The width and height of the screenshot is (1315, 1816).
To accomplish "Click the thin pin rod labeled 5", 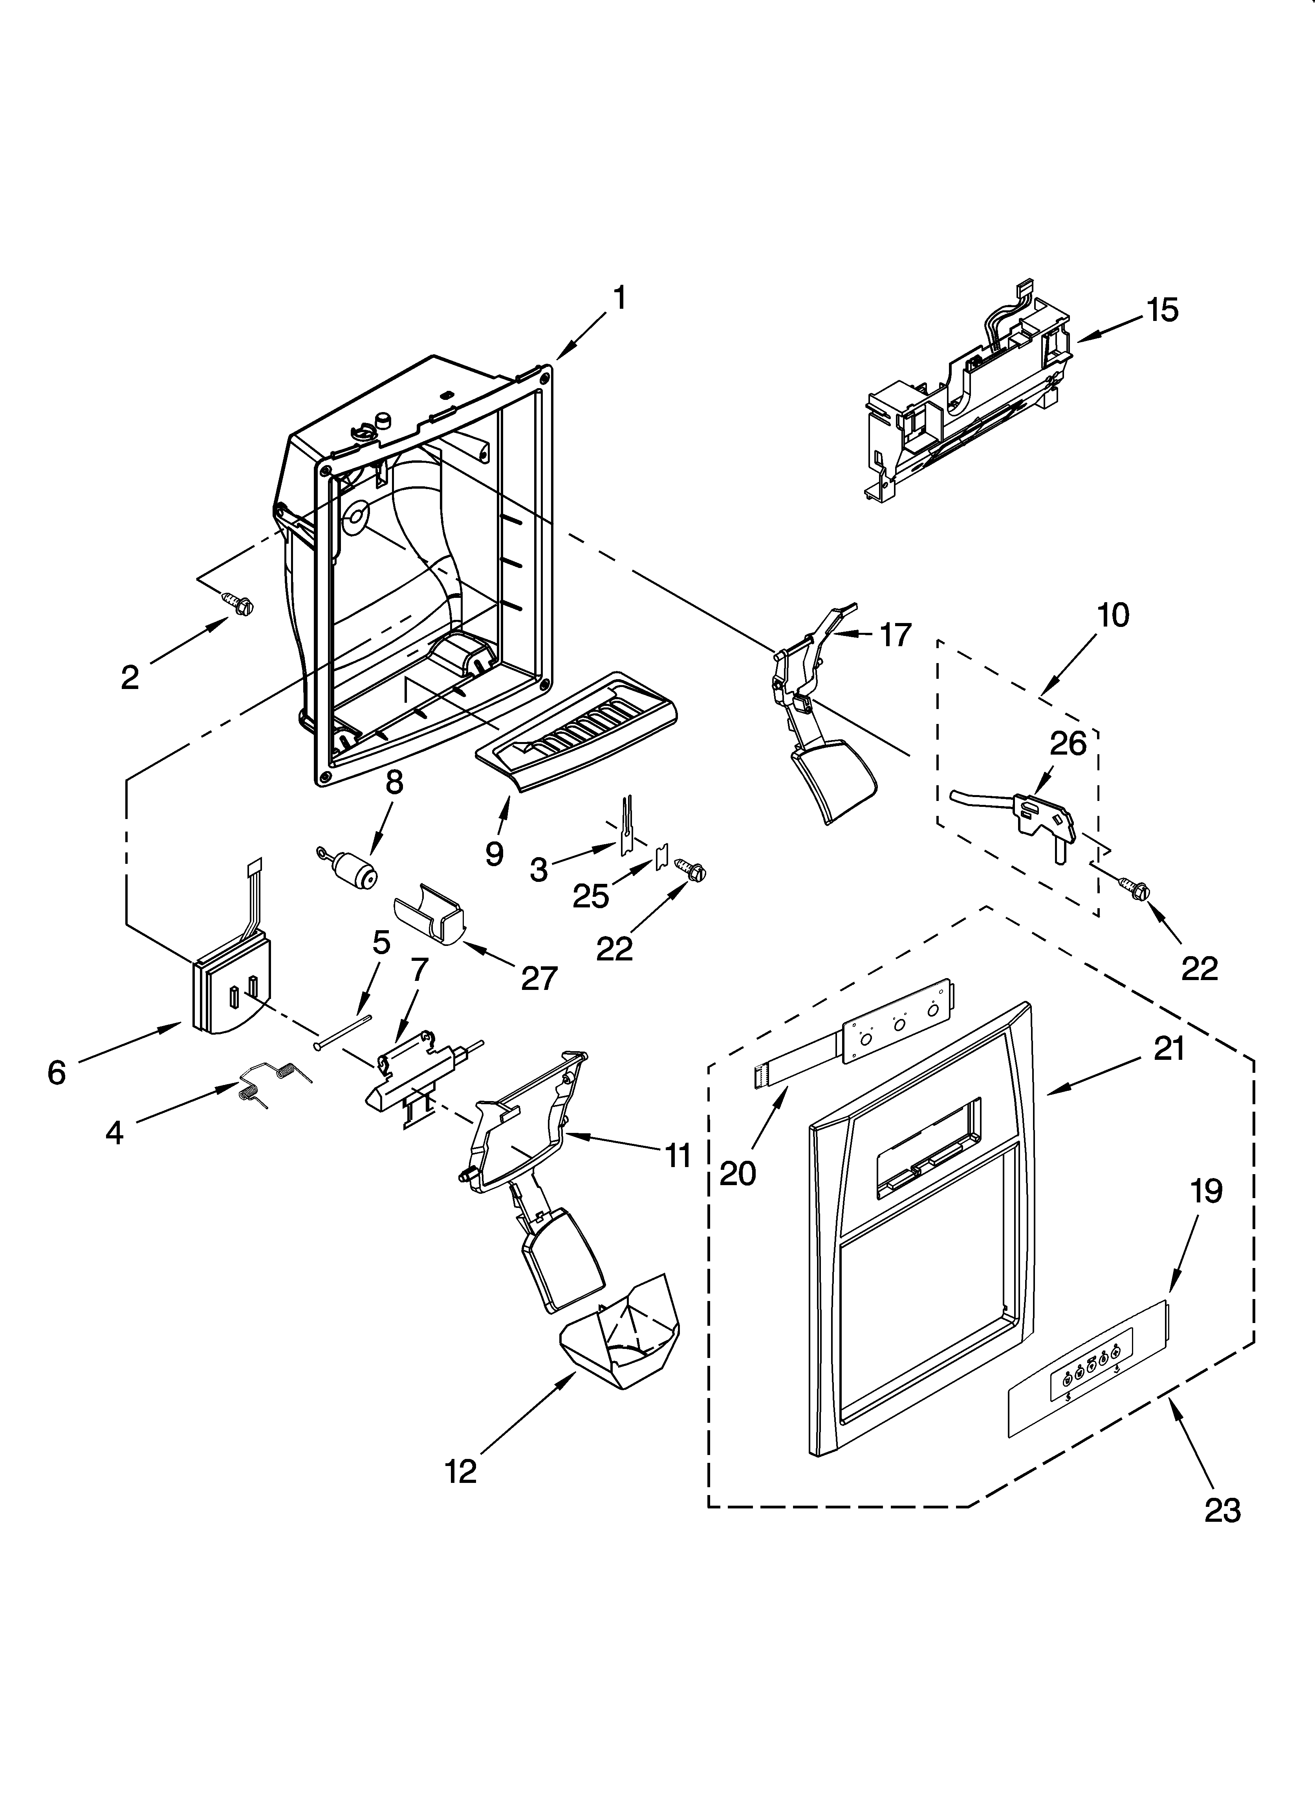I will point(344,1031).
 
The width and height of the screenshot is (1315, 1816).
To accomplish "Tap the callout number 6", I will point(56,1072).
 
